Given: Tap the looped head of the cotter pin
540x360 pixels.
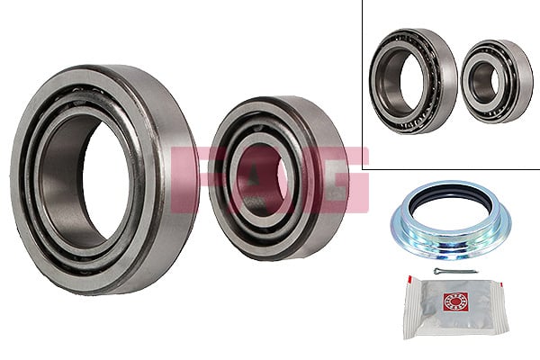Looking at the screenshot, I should coord(436,270).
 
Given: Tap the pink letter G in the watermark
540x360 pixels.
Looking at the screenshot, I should coord(346,180).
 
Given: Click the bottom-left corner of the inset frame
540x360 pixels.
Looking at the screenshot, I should coord(363,168).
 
